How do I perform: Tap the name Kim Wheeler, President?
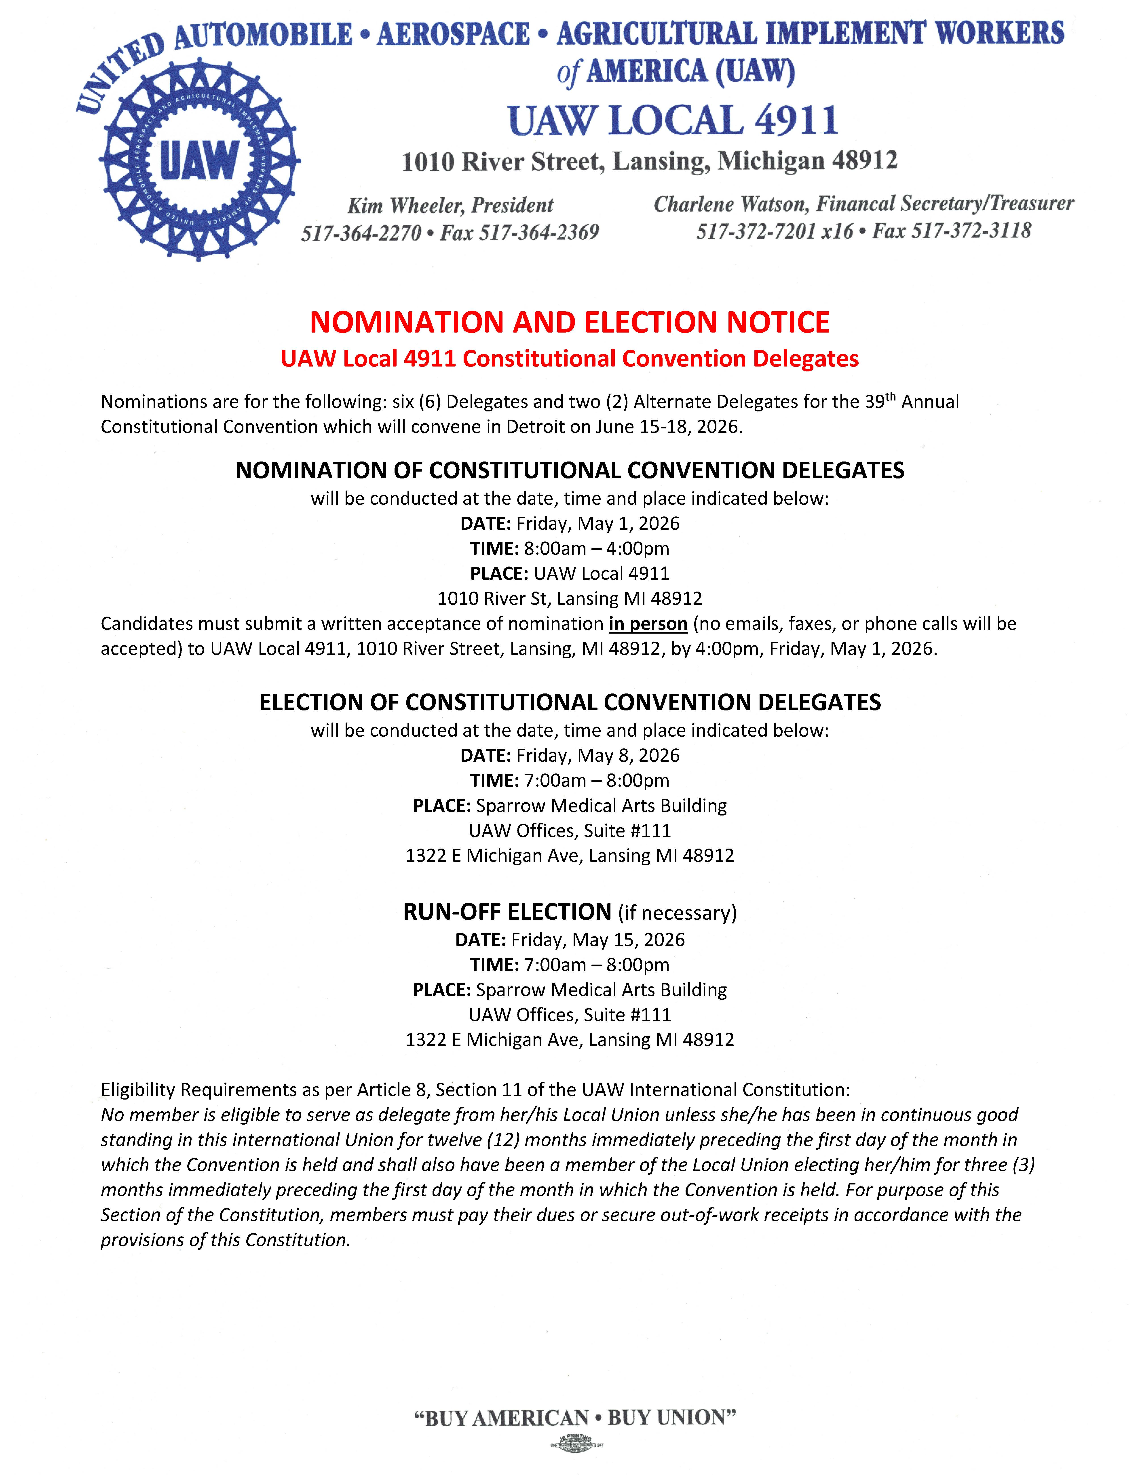[x=450, y=205]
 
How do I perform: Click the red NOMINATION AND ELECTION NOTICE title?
[x=569, y=322]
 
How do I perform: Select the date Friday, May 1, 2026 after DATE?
[x=598, y=523]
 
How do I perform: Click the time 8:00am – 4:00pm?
[x=596, y=548]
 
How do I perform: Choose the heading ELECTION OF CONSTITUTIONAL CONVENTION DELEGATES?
[x=569, y=702]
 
